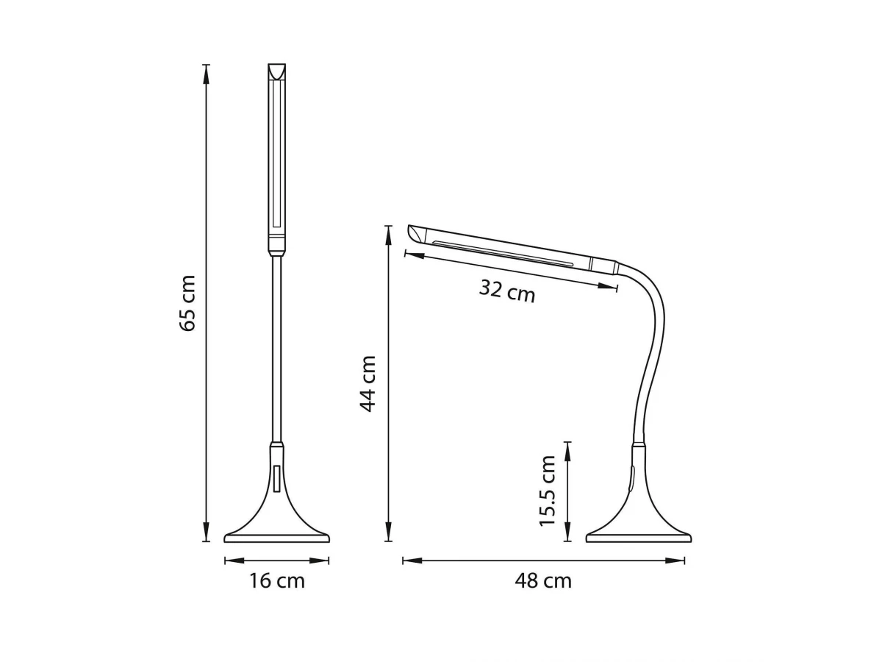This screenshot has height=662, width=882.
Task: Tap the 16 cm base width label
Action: pos(277,581)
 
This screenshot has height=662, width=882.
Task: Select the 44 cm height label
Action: pos(367,384)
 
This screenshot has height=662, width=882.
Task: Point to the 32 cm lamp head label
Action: pos(507,291)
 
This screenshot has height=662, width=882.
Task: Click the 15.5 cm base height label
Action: pos(547,491)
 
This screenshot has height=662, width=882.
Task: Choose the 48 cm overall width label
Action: pos(543,581)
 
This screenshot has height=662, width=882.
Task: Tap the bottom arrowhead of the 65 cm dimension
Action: pos(206,531)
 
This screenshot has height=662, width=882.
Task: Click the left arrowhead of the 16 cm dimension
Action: pos(234,560)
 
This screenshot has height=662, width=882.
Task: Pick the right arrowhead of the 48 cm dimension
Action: pos(675,560)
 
